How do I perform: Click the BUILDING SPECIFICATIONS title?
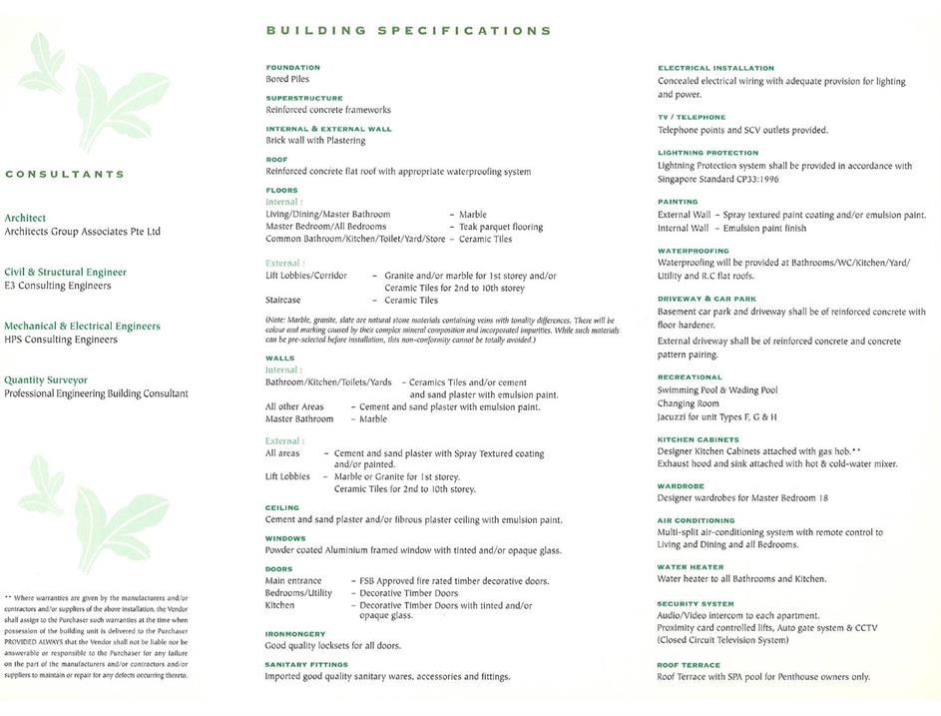coord(409,31)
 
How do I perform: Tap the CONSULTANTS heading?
coord(65,174)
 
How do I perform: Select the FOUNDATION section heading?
coord(292,67)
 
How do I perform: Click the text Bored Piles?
coord(287,79)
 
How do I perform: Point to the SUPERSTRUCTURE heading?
coord(306,98)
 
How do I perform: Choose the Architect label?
coord(25,218)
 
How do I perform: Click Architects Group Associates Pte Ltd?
coord(82,232)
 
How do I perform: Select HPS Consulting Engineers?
coord(61,340)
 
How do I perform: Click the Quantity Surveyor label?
coord(46,379)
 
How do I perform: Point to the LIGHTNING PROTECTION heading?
coord(707,153)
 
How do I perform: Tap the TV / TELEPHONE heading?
coord(692,117)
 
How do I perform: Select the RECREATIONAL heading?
coord(690,377)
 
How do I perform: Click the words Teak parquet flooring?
coord(501,227)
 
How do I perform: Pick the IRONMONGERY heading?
coord(295,633)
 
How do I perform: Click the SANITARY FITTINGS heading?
coord(306,664)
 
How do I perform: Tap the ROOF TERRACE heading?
coord(689,664)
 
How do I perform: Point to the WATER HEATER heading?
coord(691,567)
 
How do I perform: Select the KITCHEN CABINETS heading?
coord(698,439)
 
